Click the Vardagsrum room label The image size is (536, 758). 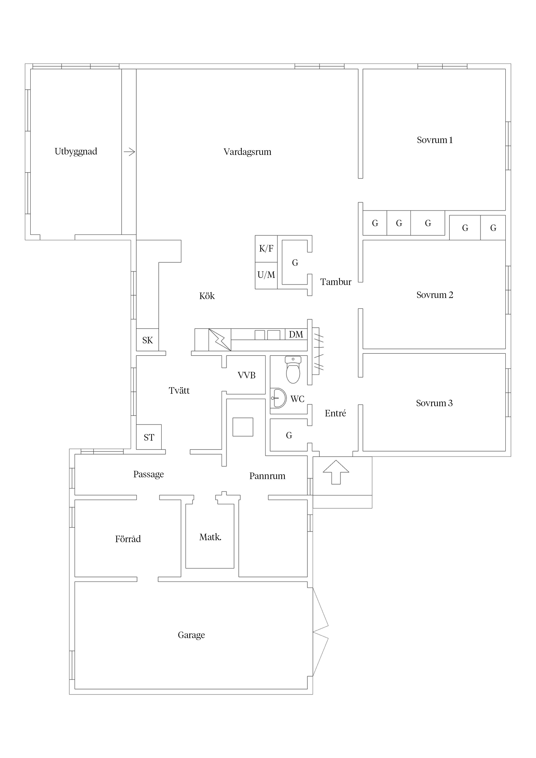click(x=247, y=152)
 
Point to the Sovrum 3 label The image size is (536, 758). click(x=434, y=403)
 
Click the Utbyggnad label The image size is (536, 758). click(x=76, y=151)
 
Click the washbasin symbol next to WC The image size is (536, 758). click(x=278, y=398)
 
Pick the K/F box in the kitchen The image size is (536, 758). click(x=266, y=248)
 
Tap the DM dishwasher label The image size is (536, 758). click(x=296, y=334)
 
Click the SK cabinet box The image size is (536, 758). click(x=147, y=340)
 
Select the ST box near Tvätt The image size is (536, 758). click(x=149, y=437)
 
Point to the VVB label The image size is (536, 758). click(x=246, y=375)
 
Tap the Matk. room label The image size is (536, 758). click(x=210, y=537)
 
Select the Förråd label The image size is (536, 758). click(x=128, y=539)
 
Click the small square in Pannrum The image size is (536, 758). click(x=243, y=427)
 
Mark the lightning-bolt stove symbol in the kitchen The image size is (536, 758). click(x=220, y=340)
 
